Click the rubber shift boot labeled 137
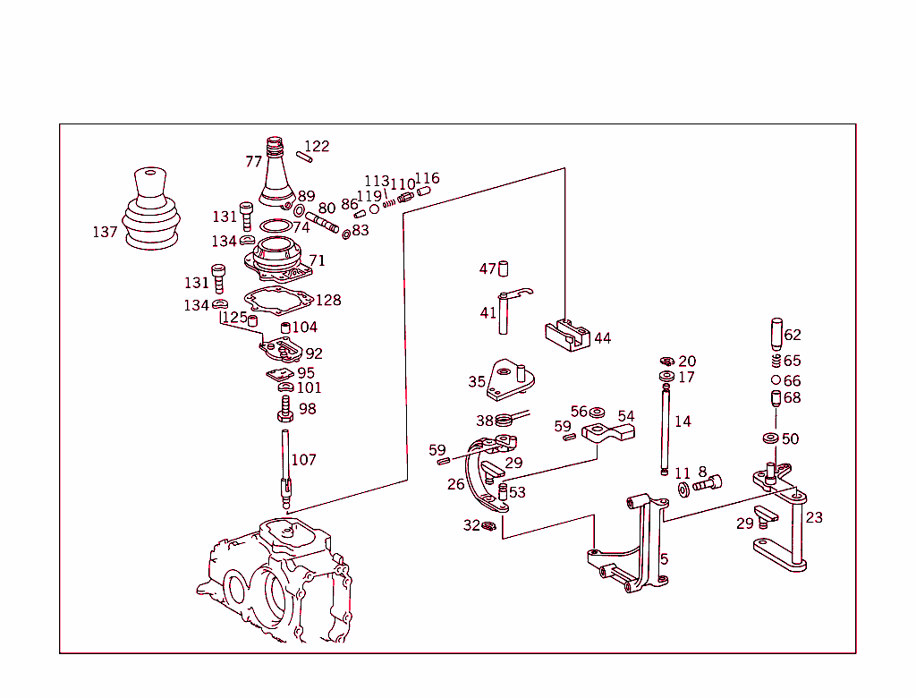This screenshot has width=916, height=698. pos(151,213)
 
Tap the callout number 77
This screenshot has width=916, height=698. pos(254,162)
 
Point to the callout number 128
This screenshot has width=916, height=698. pos(328,301)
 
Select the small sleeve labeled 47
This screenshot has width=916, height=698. pos(504,268)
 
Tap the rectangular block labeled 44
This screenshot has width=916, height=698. pos(566,336)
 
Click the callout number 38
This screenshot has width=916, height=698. pos(484,421)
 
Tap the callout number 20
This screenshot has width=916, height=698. pos(686,362)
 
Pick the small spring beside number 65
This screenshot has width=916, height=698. pos(776,362)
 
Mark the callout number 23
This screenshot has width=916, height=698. pos(814,517)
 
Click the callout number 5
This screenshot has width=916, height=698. pos(664,560)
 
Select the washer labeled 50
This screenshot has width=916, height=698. pos(769,438)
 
